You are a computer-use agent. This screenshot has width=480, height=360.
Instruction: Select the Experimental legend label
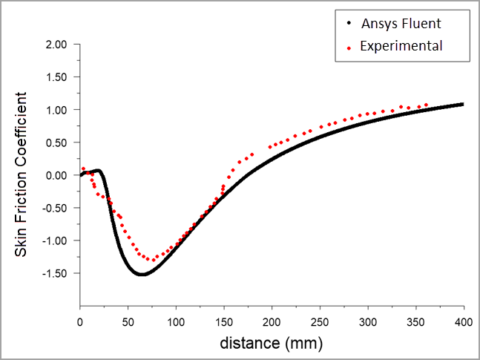coord(401,46)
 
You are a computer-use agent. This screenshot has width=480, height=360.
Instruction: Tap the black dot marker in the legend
coord(349,24)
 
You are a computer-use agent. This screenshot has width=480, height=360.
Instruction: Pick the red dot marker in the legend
coord(349,47)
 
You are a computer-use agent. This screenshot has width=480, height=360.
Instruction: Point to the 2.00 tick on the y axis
coord(56,45)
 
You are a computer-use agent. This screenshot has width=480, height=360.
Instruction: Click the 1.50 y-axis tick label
coord(56,77)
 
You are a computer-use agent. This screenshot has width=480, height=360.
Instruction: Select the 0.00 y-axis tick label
coord(56,175)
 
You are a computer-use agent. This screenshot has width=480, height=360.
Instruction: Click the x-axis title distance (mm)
coord(271,344)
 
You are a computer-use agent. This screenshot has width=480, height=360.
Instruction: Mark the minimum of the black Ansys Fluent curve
coord(141,275)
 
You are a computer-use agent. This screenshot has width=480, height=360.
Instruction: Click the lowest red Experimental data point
coord(151,260)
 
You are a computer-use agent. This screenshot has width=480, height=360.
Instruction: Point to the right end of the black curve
coord(463,104)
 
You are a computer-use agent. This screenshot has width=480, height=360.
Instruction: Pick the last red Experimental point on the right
coord(427,105)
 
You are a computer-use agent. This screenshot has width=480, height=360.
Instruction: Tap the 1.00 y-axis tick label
coord(56,110)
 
